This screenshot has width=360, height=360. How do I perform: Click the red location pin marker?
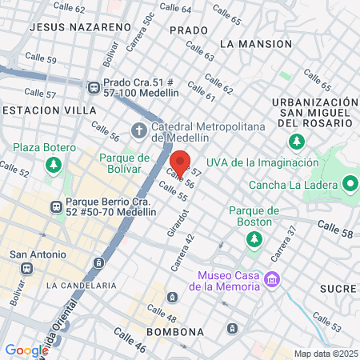[181, 164]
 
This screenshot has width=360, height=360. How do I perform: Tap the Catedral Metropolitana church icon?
[139, 129]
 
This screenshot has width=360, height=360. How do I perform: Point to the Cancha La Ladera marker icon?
[350, 185]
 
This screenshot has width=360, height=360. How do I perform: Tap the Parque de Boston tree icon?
[254, 238]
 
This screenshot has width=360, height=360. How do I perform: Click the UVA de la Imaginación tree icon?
[298, 142]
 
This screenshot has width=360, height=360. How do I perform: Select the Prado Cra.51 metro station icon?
[93, 86]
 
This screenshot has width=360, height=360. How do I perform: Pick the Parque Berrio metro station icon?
[56, 206]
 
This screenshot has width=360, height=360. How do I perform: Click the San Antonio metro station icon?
[26, 269]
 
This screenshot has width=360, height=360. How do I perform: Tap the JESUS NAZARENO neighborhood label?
[79, 26]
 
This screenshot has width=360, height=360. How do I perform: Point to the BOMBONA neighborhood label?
[171, 330]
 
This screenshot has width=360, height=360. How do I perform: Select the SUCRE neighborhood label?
[337, 288]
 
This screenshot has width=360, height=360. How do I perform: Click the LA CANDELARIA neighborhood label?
[82, 285]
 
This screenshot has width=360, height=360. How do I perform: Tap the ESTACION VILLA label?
[49, 110]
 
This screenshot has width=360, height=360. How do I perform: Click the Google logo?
[26, 350]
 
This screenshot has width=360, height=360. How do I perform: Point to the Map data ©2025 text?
[325, 354]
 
